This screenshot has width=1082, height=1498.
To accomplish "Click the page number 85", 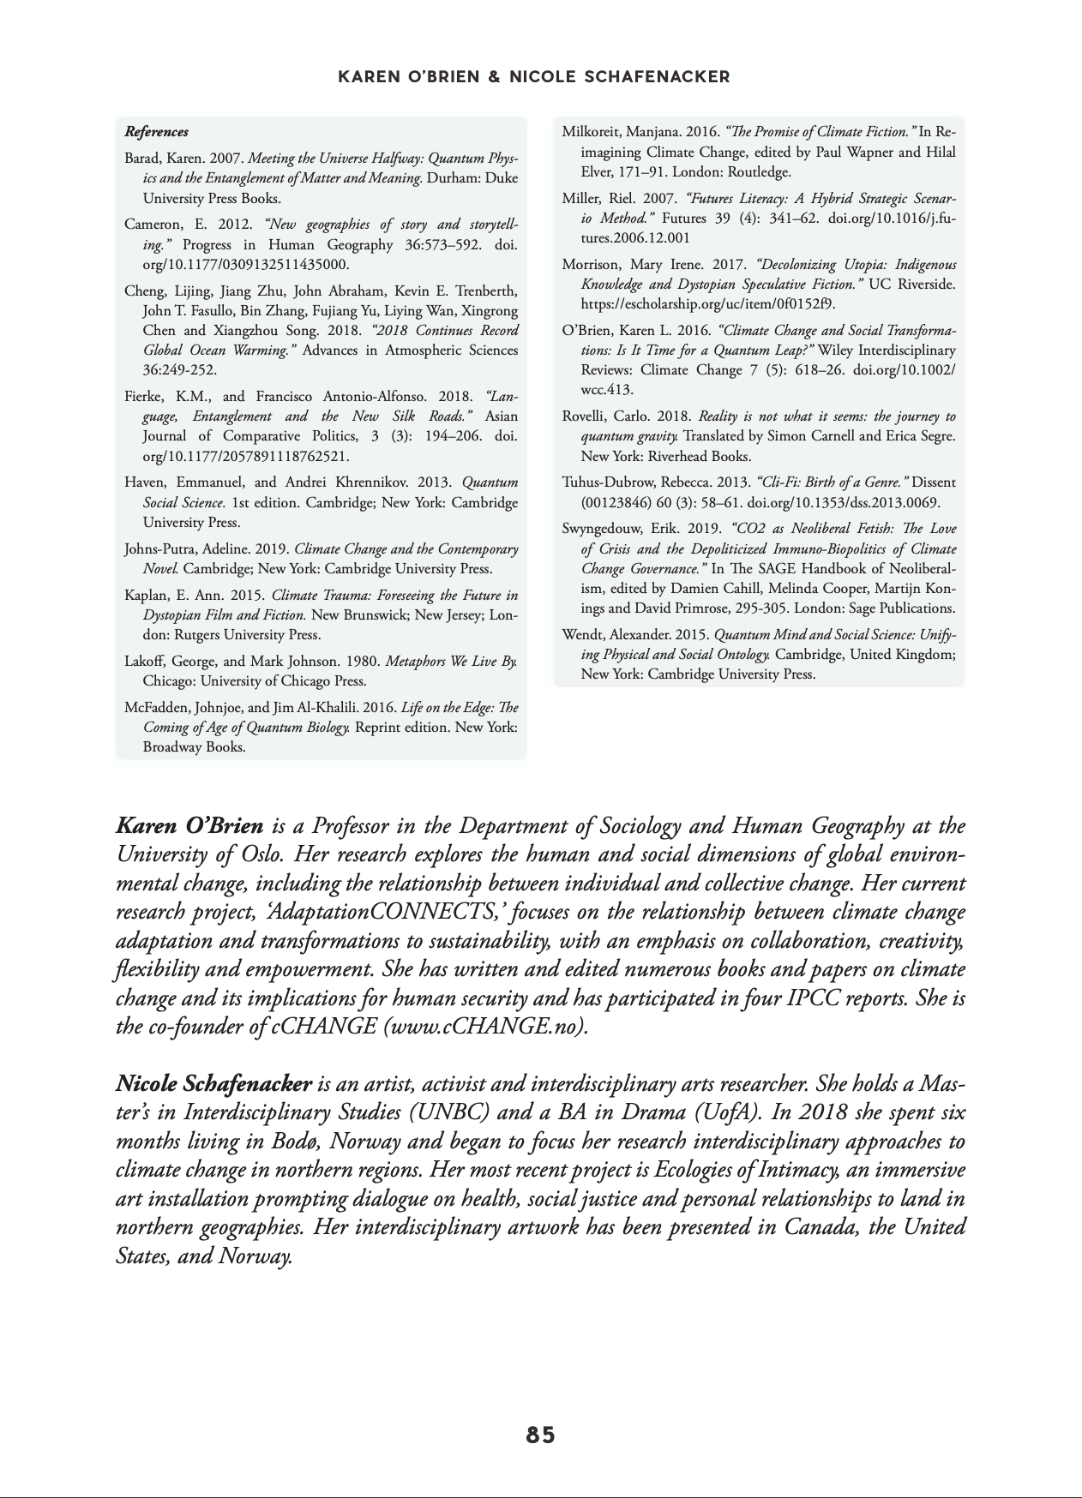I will [x=540, y=1435].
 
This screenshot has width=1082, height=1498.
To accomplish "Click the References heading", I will [x=156, y=132].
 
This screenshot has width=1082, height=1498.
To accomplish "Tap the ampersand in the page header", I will [x=493, y=77].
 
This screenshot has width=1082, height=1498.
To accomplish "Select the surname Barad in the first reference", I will [x=143, y=159].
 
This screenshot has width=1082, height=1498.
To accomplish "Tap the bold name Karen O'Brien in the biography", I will [x=189, y=827].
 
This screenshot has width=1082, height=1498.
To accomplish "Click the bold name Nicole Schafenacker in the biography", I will [x=213, y=1084].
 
